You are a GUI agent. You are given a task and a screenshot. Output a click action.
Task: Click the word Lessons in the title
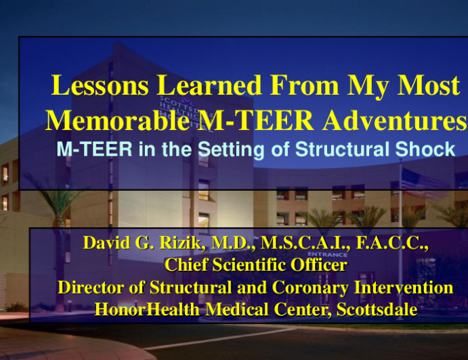100,85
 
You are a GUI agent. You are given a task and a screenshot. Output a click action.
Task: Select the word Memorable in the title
117,120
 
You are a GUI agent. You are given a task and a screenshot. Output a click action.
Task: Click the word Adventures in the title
395,120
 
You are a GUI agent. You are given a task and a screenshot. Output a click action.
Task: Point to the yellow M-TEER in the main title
255,120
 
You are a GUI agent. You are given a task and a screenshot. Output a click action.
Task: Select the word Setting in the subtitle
231,150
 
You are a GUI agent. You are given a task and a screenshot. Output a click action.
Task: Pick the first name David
106,242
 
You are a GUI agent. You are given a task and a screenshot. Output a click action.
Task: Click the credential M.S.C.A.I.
305,242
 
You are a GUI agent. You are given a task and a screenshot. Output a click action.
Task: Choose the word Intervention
404,287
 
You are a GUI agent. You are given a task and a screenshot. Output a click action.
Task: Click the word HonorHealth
147,309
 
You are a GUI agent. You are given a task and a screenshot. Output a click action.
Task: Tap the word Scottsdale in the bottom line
377,309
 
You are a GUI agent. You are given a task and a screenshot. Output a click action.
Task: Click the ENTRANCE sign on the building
327,254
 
